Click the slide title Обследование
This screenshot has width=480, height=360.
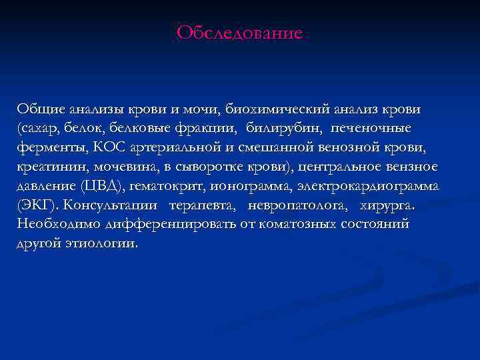(240, 33)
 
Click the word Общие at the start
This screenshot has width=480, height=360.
(39, 108)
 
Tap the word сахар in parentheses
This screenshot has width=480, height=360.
(39, 128)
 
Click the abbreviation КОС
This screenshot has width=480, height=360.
(102, 147)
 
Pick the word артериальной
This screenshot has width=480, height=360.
(167, 147)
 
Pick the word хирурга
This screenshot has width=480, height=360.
(386, 205)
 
